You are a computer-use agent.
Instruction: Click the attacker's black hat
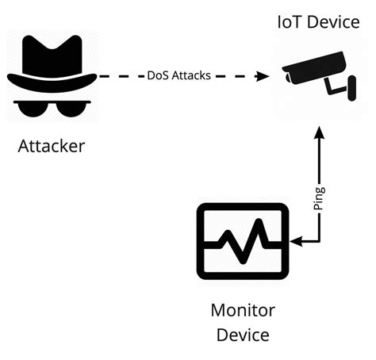(x=52, y=56)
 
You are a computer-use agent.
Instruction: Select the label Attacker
(x=51, y=147)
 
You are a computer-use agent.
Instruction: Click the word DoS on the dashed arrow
(x=157, y=77)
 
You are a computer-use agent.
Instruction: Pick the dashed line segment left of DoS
(x=119, y=77)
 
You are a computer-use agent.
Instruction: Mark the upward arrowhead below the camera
(x=319, y=136)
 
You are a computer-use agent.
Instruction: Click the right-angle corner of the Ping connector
(x=319, y=240)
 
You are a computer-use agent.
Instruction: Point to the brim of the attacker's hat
(x=52, y=79)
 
